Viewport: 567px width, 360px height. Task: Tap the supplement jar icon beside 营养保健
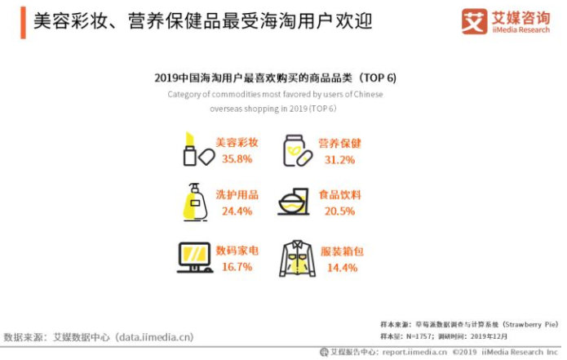tap(295, 149)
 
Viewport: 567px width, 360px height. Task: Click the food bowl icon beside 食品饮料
tap(293, 203)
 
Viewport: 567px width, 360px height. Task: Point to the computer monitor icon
tap(194, 258)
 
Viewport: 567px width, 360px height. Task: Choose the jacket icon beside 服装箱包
tap(296, 259)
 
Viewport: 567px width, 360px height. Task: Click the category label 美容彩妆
tap(237, 142)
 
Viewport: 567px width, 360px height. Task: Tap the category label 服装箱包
tap(339, 250)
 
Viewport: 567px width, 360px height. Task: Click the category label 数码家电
tap(237, 250)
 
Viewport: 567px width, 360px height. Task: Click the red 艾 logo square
tap(474, 20)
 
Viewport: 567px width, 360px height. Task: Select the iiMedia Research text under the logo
tap(522, 29)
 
